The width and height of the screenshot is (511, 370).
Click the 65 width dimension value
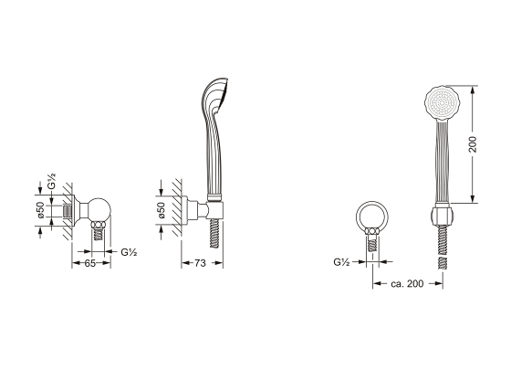[x=90, y=263]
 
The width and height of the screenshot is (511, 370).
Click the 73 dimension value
[x=200, y=263]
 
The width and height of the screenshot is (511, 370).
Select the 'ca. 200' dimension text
[x=407, y=283]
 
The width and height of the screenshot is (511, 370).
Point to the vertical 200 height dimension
[x=473, y=144]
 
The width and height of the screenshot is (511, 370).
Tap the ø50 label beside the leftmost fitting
[x=40, y=210]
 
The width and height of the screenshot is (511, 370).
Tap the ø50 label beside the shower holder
[x=162, y=210]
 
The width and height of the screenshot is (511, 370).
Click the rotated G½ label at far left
[x=51, y=182]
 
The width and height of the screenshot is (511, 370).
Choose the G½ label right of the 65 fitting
[x=129, y=252]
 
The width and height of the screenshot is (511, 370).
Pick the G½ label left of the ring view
[x=341, y=262]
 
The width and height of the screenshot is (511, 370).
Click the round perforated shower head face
[x=442, y=102]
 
